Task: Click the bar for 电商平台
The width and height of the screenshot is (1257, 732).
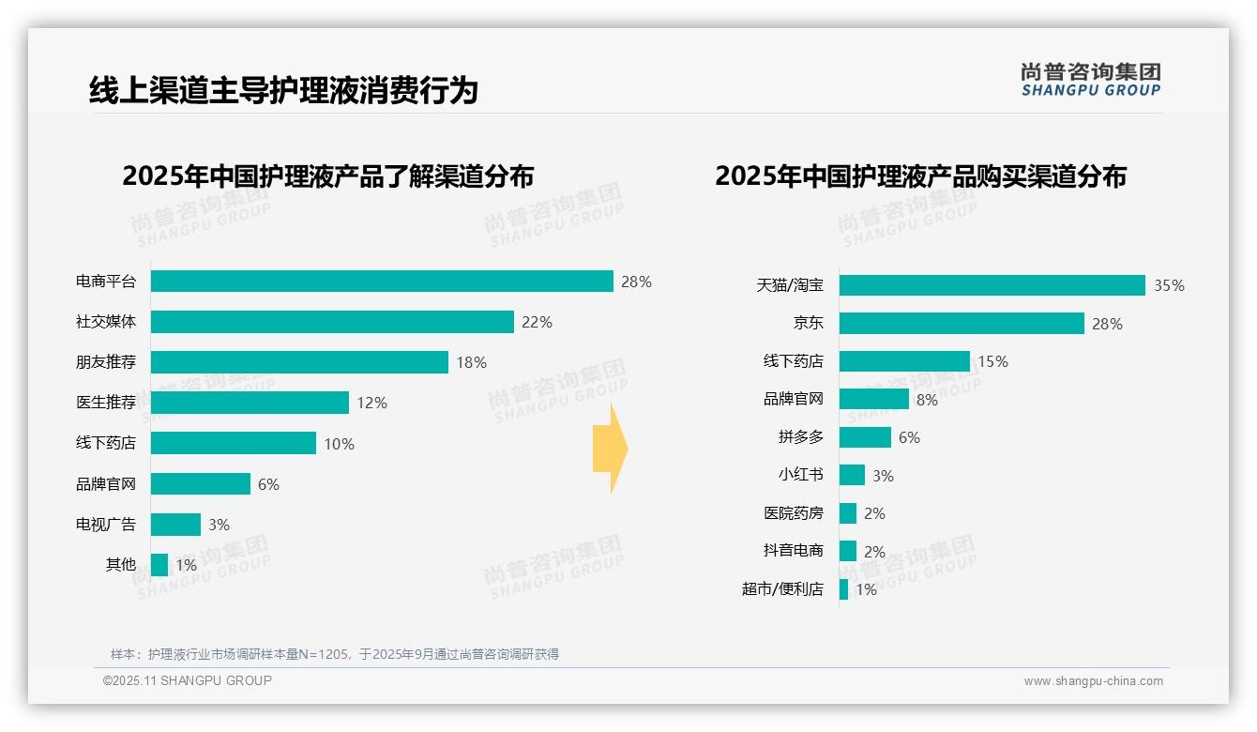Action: click(x=382, y=282)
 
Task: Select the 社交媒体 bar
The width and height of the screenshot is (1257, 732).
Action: click(x=332, y=322)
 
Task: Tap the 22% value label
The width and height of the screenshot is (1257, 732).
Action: click(x=537, y=322)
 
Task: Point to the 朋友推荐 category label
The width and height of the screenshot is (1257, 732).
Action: click(x=106, y=362)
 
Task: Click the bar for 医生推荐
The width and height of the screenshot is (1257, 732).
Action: click(x=250, y=403)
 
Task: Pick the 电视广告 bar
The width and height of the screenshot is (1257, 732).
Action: click(x=175, y=525)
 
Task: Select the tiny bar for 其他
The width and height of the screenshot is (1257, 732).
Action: click(x=159, y=565)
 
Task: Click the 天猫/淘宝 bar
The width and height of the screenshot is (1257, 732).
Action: click(x=992, y=285)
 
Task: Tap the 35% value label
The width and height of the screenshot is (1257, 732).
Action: click(x=1169, y=285)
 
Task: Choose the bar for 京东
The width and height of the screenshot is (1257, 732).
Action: click(x=962, y=324)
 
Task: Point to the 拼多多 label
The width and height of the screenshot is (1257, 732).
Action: click(x=800, y=437)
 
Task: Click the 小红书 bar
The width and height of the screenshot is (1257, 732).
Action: click(x=852, y=475)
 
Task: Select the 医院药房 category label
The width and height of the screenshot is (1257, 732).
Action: click(x=793, y=513)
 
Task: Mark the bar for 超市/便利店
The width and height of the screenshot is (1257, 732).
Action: click(x=844, y=589)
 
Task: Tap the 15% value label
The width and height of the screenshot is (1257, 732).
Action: click(x=992, y=361)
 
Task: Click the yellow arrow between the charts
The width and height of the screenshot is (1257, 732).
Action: click(x=610, y=449)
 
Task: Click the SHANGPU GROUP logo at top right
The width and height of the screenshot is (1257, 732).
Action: click(x=1090, y=80)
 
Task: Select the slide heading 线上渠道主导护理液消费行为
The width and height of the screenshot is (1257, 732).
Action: click(x=283, y=90)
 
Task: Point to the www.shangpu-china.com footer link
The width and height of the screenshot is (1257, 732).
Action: click(x=1093, y=681)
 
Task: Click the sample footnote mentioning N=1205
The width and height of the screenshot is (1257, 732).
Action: click(x=335, y=654)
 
